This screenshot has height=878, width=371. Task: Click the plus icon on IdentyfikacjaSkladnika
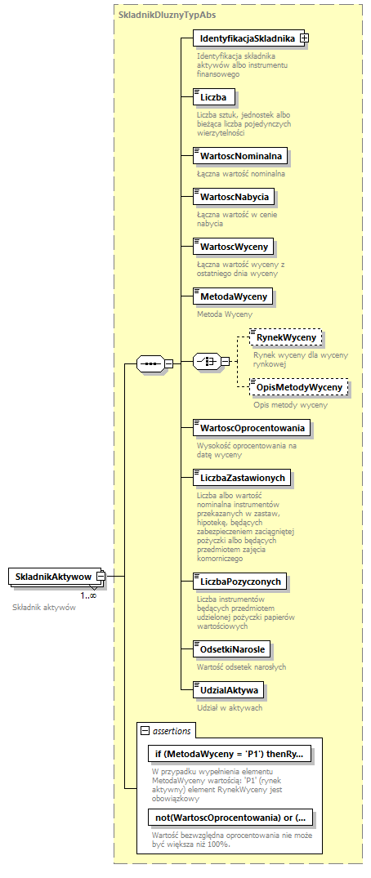tap(304, 38)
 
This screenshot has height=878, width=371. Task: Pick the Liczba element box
tap(213, 97)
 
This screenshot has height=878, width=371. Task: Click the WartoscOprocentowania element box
tap(250, 427)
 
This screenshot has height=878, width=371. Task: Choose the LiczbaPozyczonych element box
tap(239, 582)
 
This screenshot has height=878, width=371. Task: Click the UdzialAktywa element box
tap(228, 690)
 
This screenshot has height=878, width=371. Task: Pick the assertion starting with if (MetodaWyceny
tap(230, 754)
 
